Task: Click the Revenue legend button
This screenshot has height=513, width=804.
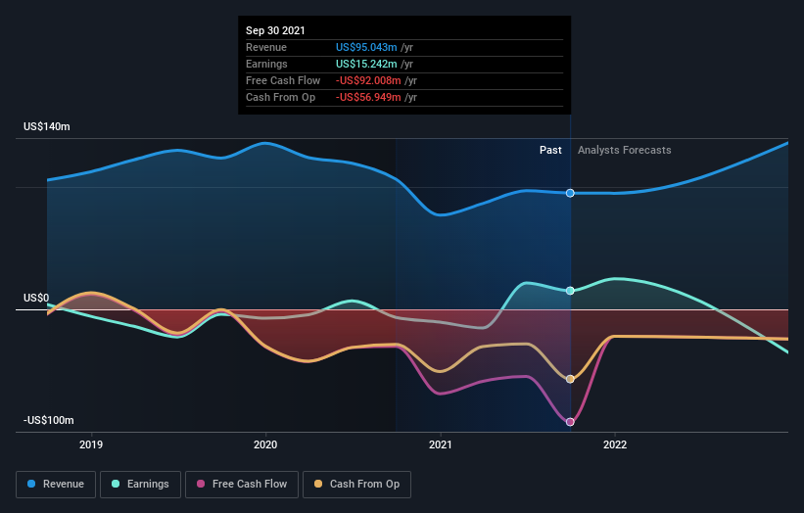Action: pyautogui.click(x=57, y=484)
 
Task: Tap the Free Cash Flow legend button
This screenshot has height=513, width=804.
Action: pyautogui.click(x=240, y=484)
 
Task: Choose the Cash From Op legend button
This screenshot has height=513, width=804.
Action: pyautogui.click(x=356, y=484)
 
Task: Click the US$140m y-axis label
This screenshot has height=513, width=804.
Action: pyautogui.click(x=47, y=127)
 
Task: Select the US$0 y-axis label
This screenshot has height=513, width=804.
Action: pyautogui.click(x=36, y=298)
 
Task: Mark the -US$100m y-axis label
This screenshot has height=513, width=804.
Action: pyautogui.click(x=49, y=420)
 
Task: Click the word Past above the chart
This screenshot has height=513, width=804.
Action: pyautogui.click(x=550, y=150)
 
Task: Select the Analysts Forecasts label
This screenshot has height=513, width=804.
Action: pyautogui.click(x=625, y=150)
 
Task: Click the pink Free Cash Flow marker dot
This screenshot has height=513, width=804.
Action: pyautogui.click(x=570, y=422)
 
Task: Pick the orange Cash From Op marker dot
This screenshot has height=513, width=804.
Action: pyautogui.click(x=570, y=379)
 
